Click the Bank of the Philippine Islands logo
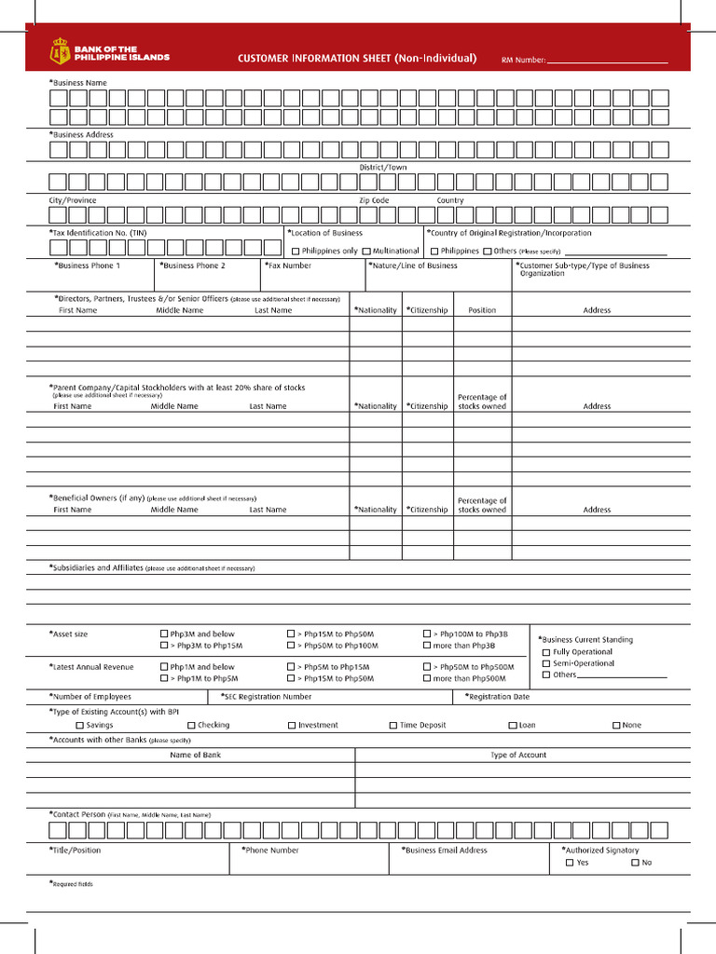tap(110, 52)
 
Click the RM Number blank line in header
tap(607, 61)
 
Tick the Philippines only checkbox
tap(296, 252)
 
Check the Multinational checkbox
tap(366, 252)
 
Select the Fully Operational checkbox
tap(546, 652)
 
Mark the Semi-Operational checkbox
tap(546, 663)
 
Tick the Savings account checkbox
tap(80, 725)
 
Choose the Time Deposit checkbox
tap(393, 725)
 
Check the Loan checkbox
tap(513, 725)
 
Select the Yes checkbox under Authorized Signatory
tap(570, 863)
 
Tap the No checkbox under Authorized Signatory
tap(635, 863)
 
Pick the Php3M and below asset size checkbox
tap(164, 634)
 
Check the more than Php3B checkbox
tap(427, 645)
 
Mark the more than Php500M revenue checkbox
tap(427, 678)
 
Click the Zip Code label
tap(374, 200)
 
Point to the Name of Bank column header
tap(195, 755)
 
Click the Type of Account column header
tap(518, 755)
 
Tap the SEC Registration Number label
tap(267, 696)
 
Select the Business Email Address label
tap(445, 850)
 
